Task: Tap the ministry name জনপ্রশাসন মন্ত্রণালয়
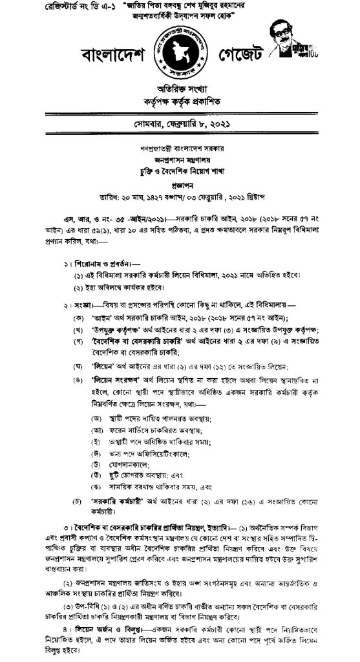(x=180, y=145)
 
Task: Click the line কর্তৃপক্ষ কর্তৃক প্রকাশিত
(x=179, y=103)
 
